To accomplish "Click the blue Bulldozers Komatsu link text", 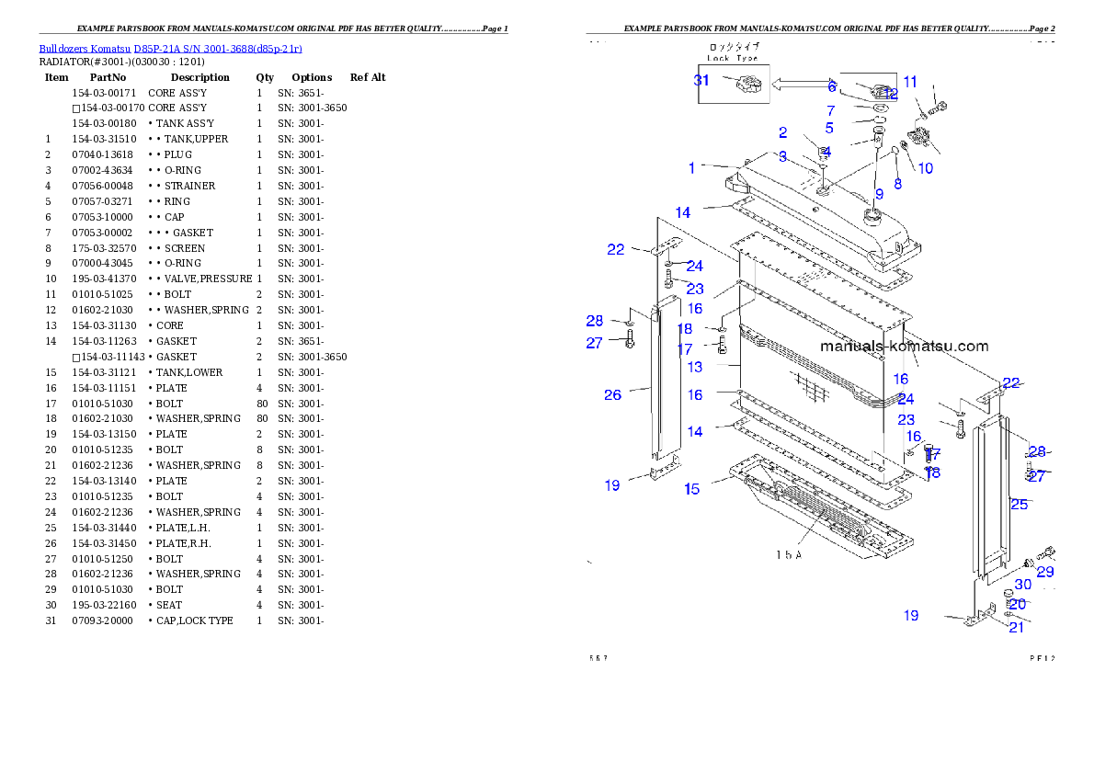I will pyautogui.click(x=170, y=49).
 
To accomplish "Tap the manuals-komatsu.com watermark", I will pyautogui.click(x=904, y=347).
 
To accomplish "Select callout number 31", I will pyautogui.click(x=701, y=80).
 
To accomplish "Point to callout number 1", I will pyautogui.click(x=692, y=168).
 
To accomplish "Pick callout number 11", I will pyautogui.click(x=910, y=82).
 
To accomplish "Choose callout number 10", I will pyautogui.click(x=925, y=168).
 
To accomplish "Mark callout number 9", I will pyautogui.click(x=879, y=194).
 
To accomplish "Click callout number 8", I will pyautogui.click(x=898, y=183).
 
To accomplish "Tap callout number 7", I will pyautogui.click(x=830, y=111).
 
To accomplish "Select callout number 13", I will pyautogui.click(x=694, y=367).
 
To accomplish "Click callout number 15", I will pyautogui.click(x=691, y=489).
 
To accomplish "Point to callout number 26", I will pyautogui.click(x=612, y=395).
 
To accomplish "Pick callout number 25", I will pyautogui.click(x=1019, y=504).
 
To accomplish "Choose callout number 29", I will pyautogui.click(x=1045, y=572).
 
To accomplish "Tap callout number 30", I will pyautogui.click(x=1022, y=585).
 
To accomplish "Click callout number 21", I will pyautogui.click(x=1016, y=628).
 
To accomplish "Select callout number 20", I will pyautogui.click(x=1018, y=605).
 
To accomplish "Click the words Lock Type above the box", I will pyautogui.click(x=733, y=57).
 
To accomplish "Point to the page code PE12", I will pyautogui.click(x=1043, y=658).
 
